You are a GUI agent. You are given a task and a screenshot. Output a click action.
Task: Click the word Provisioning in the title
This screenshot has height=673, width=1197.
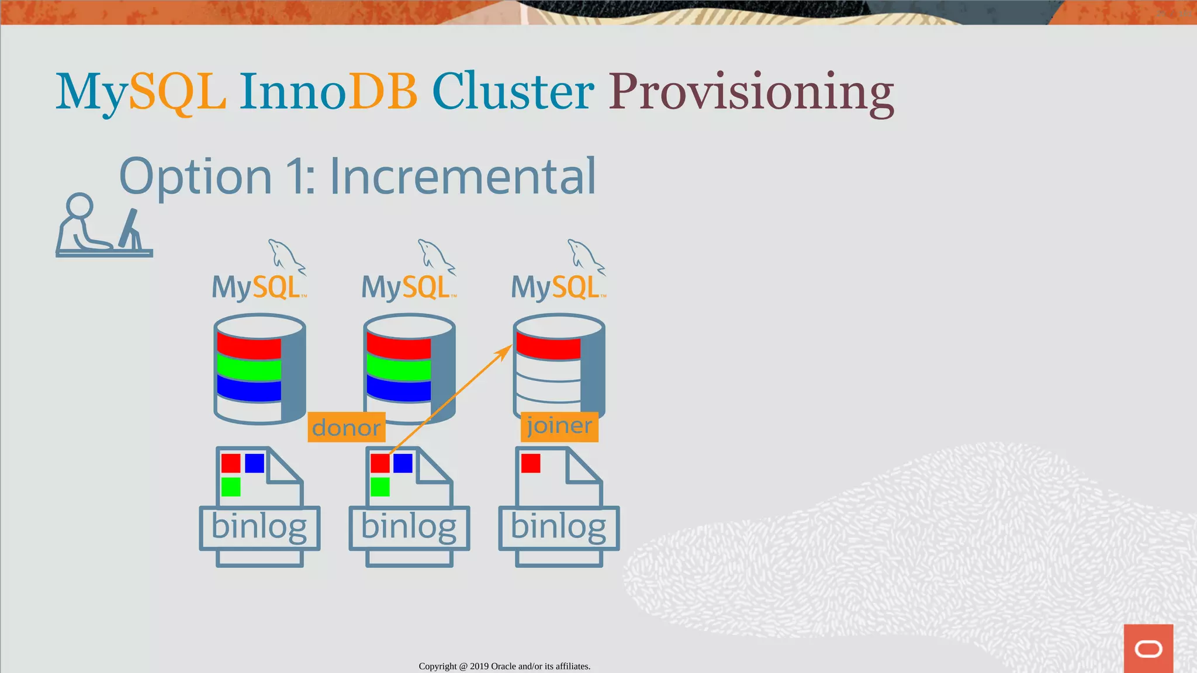tap(751, 92)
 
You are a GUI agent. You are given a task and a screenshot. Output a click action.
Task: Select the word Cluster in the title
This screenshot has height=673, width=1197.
tap(513, 92)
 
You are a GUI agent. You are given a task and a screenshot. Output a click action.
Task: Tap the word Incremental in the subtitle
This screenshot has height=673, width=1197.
tap(462, 176)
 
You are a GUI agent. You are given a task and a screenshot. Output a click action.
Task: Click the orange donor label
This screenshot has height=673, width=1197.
tap(346, 428)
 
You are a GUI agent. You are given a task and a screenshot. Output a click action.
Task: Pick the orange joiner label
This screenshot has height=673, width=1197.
tap(559, 426)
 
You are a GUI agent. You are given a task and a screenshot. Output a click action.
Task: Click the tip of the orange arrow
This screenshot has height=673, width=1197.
tap(510, 346)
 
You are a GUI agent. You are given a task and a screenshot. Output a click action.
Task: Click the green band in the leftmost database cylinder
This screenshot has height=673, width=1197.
tap(249, 369)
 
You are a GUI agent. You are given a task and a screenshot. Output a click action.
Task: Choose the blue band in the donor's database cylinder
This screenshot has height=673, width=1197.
tap(399, 389)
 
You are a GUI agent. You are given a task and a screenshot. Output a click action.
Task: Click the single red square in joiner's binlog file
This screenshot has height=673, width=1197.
tap(531, 463)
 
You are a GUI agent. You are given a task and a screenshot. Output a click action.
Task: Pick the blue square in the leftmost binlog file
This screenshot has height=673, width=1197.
tap(254, 463)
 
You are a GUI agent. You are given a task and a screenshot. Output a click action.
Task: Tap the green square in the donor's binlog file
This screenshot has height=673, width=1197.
tap(380, 487)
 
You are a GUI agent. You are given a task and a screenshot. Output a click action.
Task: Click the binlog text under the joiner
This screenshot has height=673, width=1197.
tap(558, 527)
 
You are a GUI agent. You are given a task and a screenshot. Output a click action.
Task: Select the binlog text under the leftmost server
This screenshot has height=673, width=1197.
tap(259, 527)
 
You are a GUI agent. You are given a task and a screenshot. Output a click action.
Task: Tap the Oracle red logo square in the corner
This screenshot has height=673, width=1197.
tap(1148, 648)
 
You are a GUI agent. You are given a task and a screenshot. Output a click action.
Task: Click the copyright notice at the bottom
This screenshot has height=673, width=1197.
tap(504, 666)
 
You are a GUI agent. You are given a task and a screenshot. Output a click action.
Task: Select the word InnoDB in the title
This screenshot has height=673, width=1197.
tap(328, 92)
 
